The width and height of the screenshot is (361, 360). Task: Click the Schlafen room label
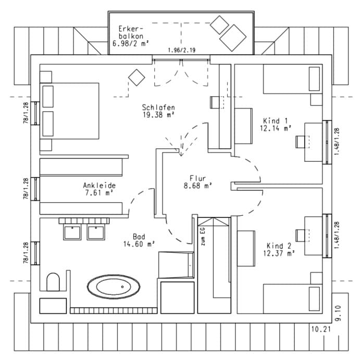click(158, 108)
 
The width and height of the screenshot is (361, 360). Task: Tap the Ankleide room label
click(99, 185)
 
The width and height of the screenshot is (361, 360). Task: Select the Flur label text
click(198, 177)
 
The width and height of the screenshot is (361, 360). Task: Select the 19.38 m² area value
click(158, 115)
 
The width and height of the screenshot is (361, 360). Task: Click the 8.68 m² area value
click(198, 185)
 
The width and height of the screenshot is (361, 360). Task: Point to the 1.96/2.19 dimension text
click(181, 50)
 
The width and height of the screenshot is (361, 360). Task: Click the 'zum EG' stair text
click(202, 237)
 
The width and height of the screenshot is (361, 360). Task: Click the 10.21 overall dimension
click(321, 329)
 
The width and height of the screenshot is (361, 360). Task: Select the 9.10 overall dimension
click(338, 314)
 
